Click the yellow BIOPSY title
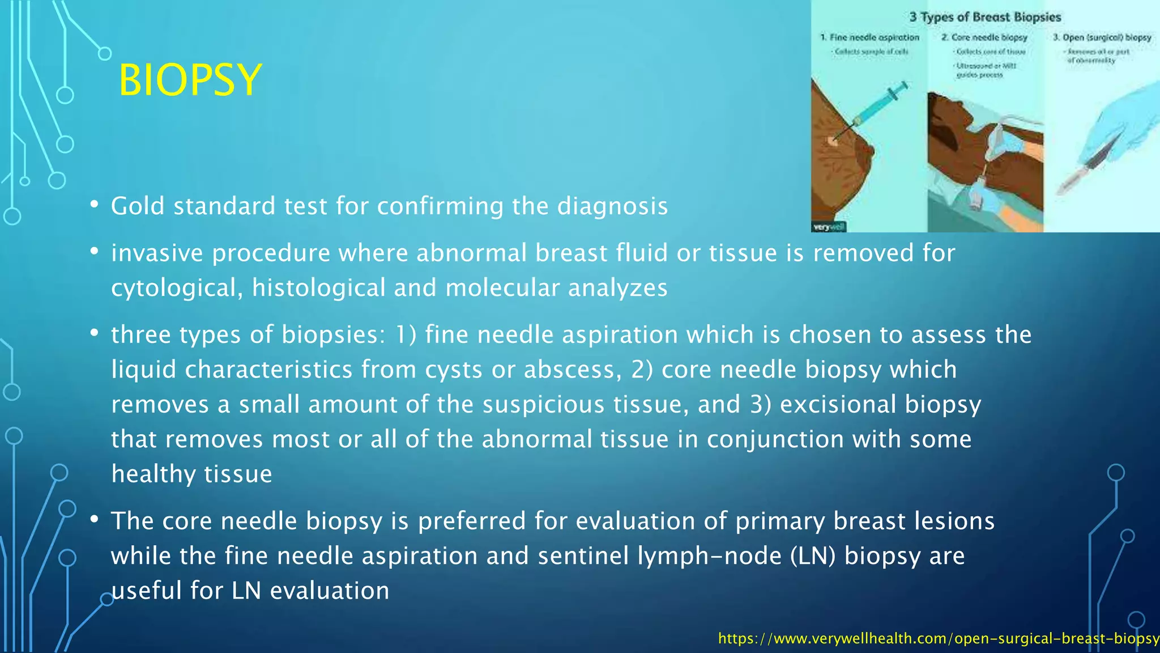(x=190, y=80)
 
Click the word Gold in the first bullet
(x=138, y=206)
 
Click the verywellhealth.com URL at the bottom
(x=938, y=639)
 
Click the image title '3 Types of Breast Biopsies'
(x=985, y=17)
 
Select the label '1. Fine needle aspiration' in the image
(x=870, y=37)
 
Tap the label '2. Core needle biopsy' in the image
(x=984, y=37)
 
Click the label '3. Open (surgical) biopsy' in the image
(x=1102, y=37)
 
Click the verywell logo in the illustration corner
(x=829, y=227)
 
